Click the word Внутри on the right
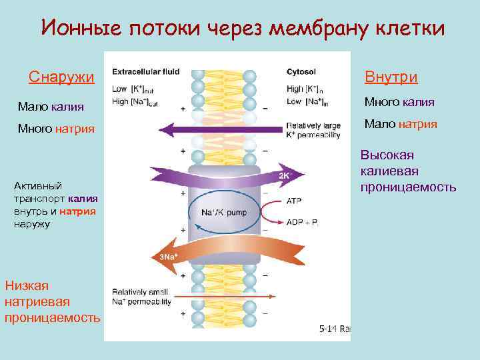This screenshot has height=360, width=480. tap(391, 77)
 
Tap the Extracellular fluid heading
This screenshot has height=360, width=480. tap(145, 72)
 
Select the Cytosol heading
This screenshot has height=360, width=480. tap(301, 72)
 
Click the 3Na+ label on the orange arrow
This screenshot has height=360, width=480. tap(167, 257)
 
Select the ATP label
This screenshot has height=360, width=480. tap(294, 200)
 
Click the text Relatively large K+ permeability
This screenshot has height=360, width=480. tap(313, 129)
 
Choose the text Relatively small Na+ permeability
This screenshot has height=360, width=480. tap(141, 296)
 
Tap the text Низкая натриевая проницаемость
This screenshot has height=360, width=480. tap(52, 301)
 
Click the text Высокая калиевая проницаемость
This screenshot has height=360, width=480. tap(407, 171)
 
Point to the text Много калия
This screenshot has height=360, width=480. tap(399, 102)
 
